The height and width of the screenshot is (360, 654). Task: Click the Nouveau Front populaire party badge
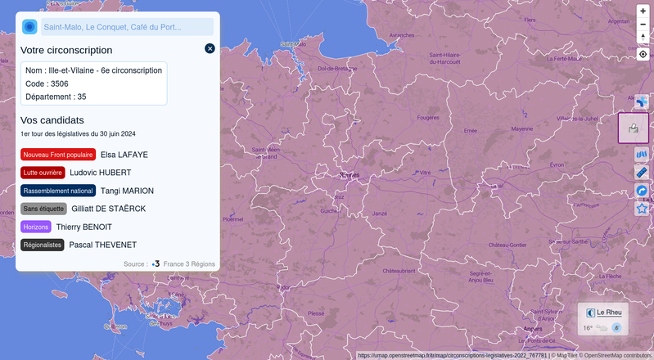pyautogui.click(x=58, y=155)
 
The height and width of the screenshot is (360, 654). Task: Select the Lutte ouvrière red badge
pyautogui.click(x=43, y=173)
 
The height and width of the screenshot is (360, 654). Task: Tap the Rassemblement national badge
pyautogui.click(x=58, y=191)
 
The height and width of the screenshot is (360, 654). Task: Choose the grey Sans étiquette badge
pyautogui.click(x=43, y=209)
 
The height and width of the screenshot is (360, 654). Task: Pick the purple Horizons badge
pyautogui.click(x=36, y=227)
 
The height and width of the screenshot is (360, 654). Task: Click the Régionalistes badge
pyautogui.click(x=43, y=245)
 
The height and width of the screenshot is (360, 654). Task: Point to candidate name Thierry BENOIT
pyautogui.click(x=84, y=227)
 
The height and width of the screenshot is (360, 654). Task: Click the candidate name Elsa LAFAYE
pyautogui.click(x=124, y=155)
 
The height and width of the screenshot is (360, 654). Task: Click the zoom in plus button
pyautogui.click(x=643, y=11)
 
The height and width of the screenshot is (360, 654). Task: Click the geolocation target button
pyautogui.click(x=643, y=54)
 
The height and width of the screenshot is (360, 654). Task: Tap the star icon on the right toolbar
pyautogui.click(x=642, y=209)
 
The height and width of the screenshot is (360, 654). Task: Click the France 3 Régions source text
pyautogui.click(x=188, y=264)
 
